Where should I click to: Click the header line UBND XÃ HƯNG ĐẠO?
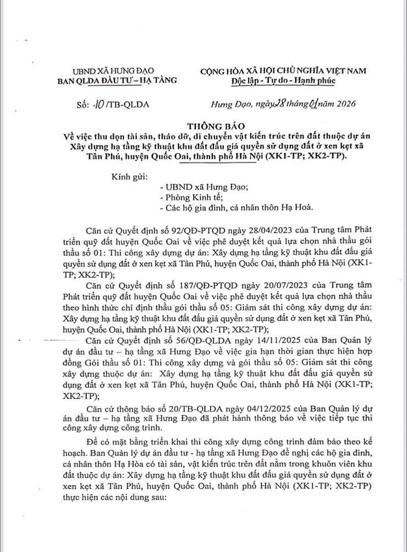(x=113, y=71)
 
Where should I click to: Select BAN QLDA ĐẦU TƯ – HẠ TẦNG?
(x=114, y=80)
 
